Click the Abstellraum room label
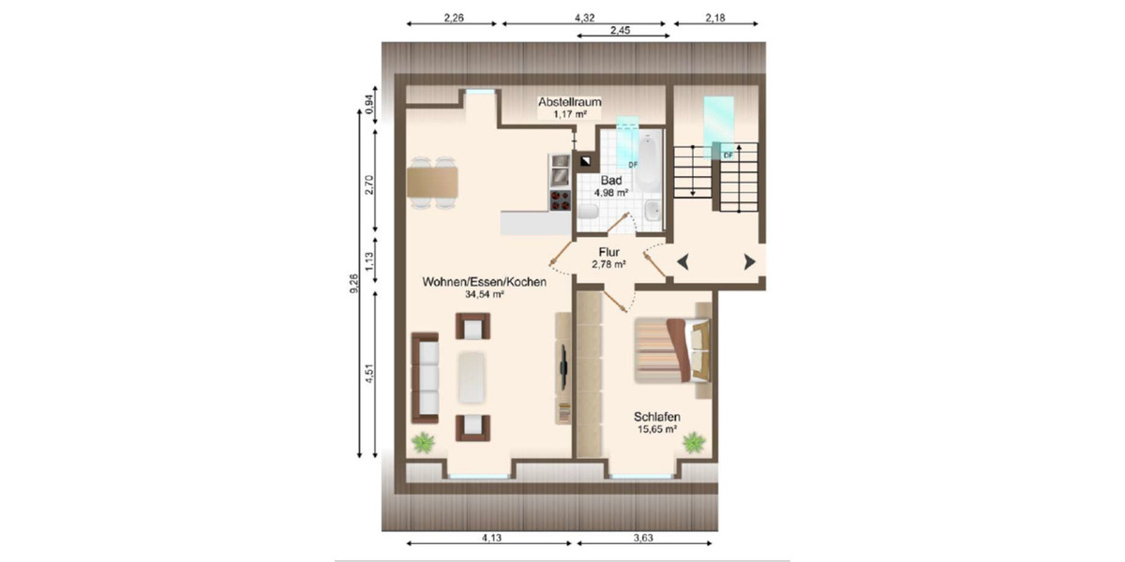(x=569, y=101)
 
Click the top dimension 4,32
(x=583, y=16)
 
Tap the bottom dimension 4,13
(x=491, y=538)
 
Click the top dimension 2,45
(x=620, y=30)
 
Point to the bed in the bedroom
(x=672, y=350)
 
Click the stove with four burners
(x=560, y=200)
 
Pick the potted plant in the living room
(x=425, y=442)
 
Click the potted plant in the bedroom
(x=694, y=441)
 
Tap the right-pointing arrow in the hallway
(x=748, y=262)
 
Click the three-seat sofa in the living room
(x=426, y=377)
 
